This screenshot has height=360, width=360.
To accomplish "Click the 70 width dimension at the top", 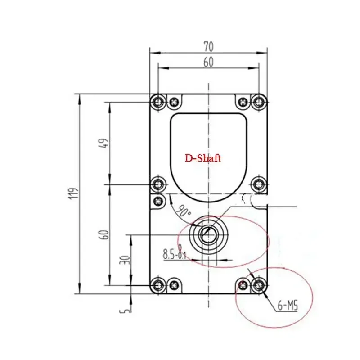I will point(208,46).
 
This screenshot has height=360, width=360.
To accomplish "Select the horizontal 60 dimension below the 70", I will point(208,63).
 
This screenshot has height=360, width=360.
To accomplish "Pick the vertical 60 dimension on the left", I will point(104,234).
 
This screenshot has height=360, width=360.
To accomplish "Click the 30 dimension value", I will point(126,260).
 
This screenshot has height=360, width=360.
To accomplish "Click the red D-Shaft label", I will point(203,158).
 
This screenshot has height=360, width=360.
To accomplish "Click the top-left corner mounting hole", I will point(158,102).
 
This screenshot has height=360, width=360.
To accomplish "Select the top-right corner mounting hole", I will point(258,102).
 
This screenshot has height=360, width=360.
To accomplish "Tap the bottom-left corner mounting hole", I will point(158,284).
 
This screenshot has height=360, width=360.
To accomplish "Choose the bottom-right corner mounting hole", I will point(258,284).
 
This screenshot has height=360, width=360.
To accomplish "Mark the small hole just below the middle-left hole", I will point(158,201).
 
